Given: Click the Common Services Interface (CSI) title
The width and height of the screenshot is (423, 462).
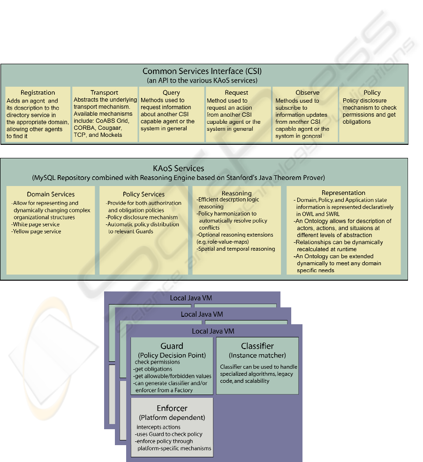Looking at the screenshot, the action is click(202, 71).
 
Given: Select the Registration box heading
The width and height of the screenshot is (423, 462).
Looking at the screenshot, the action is click(38, 92).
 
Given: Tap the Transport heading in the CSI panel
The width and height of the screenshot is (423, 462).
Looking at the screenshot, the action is click(105, 92).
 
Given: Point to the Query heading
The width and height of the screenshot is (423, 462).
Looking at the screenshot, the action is click(171, 92).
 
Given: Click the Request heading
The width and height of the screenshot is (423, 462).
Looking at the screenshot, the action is click(236, 92).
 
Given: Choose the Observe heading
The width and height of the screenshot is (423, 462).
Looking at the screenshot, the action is click(307, 92).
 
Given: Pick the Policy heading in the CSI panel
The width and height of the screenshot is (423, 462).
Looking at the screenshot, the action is click(372, 92).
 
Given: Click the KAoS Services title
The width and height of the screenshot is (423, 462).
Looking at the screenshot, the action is click(179, 168).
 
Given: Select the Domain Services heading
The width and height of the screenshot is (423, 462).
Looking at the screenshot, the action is click(51, 194).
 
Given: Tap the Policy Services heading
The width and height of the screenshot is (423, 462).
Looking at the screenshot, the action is click(144, 194).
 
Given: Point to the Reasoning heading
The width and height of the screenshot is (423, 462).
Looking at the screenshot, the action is click(236, 194).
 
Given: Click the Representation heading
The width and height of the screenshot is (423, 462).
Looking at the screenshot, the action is click(343, 193).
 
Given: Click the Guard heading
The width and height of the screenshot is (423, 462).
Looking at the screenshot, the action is click(172, 346).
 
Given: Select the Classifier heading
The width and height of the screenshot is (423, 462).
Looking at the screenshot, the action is click(257, 346).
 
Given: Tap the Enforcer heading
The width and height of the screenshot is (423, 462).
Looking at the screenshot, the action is click(172, 408).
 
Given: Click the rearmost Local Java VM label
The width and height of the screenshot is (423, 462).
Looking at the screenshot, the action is click(191, 298).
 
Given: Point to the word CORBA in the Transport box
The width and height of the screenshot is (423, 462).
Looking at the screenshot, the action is click(84, 128).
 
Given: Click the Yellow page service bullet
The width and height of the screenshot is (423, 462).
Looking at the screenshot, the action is click(36, 231).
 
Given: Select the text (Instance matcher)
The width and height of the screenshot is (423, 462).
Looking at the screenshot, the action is click(257, 355).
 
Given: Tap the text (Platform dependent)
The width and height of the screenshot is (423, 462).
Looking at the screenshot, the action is click(172, 417).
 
